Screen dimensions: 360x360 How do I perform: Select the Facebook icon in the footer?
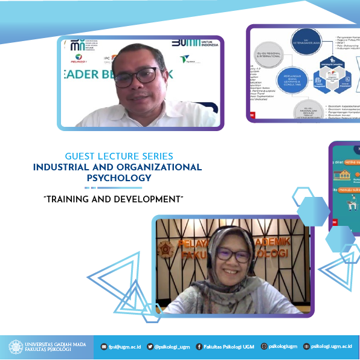tap(199, 347)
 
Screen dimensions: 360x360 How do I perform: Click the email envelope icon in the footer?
tap(103, 347)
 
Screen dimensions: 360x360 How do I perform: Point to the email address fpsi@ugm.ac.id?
tap(125, 347)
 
